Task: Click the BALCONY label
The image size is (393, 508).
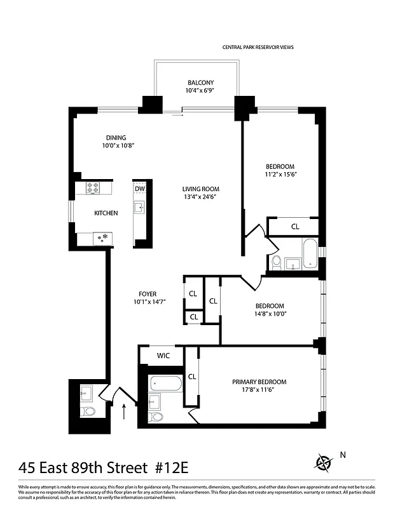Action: point(200,83)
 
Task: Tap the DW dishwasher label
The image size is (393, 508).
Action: point(139,189)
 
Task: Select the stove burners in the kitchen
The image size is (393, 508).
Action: point(93,188)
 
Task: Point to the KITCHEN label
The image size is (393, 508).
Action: point(106,213)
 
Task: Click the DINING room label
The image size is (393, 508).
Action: point(116,138)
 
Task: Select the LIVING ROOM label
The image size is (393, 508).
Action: point(200,189)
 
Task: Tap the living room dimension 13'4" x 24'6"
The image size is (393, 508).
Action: point(200,197)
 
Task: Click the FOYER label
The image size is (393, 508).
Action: point(148,293)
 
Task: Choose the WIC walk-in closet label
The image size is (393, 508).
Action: point(162,356)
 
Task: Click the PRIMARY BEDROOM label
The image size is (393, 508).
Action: point(259,382)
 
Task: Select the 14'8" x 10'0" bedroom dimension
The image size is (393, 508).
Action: point(270,313)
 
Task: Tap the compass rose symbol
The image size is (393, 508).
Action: point(324,462)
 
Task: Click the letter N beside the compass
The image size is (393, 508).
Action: point(343,454)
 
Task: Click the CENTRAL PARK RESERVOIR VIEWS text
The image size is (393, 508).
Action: point(258,47)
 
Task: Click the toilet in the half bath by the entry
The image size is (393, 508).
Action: point(89,411)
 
